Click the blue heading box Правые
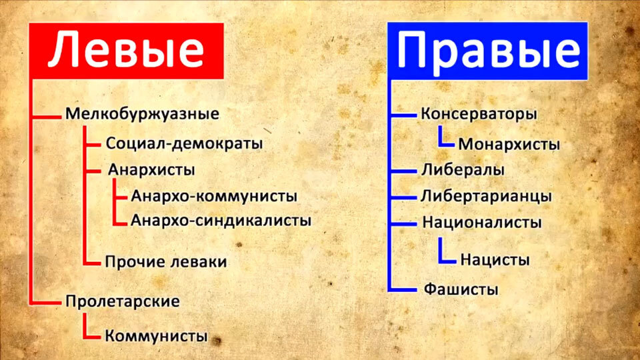(x=488, y=51)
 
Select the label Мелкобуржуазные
(x=142, y=114)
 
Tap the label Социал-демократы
(x=184, y=143)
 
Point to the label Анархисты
(x=151, y=169)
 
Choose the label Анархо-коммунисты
(x=214, y=197)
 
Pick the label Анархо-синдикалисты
(x=221, y=219)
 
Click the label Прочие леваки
(x=166, y=261)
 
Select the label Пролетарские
(x=123, y=301)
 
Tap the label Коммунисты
(x=156, y=335)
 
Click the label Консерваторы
(x=479, y=114)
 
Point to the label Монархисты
(x=509, y=144)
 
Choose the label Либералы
(x=463, y=170)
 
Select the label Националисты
(x=481, y=222)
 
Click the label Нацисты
(x=495, y=259)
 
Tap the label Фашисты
(x=461, y=290)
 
